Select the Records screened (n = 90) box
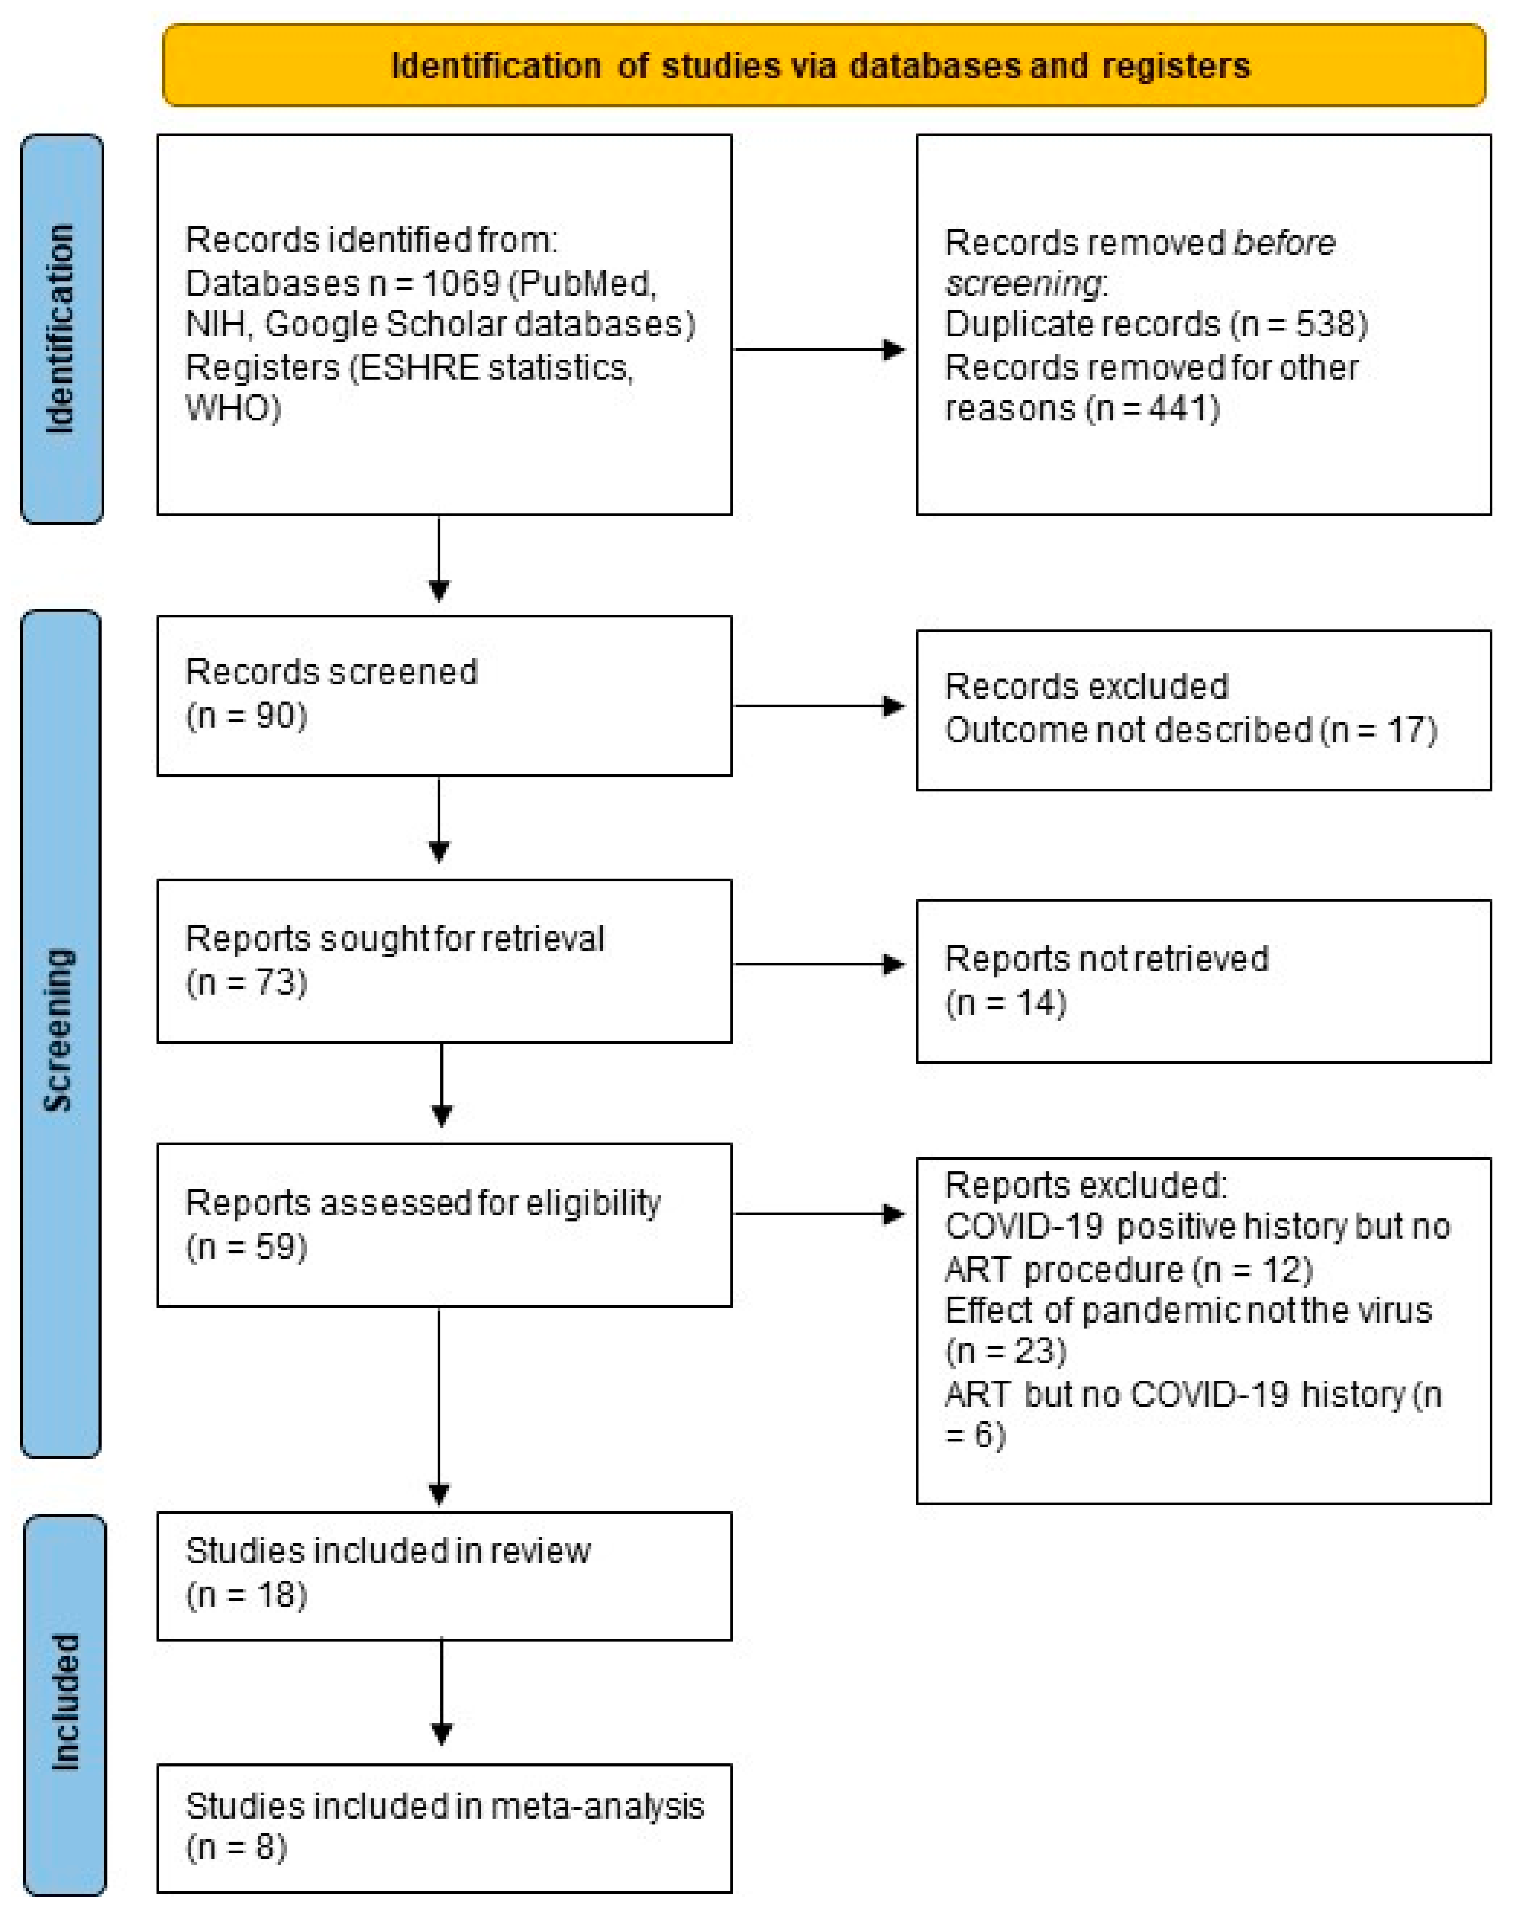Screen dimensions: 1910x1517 tap(444, 695)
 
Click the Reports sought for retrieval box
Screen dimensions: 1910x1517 tap(444, 960)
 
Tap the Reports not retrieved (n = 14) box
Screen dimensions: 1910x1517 tap(1203, 981)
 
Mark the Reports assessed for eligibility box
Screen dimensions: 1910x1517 tap(444, 1224)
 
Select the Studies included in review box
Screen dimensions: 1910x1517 tap(444, 1575)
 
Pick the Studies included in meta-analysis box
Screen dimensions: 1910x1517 tap(444, 1827)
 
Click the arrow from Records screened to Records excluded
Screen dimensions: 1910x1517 tap(819, 706)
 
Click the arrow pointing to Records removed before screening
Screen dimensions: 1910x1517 tap(819, 349)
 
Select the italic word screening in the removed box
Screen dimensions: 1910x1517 tap(1022, 283)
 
